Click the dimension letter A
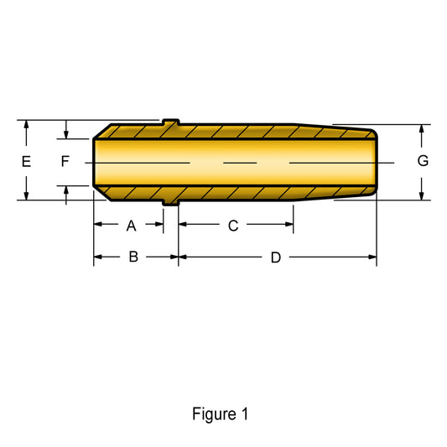(131, 226)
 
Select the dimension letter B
(133, 257)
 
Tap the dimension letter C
(233, 226)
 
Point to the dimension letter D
(276, 257)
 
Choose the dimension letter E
(26, 162)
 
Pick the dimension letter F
(65, 161)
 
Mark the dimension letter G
(423, 161)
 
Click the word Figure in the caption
(214, 413)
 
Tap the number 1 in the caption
(245, 413)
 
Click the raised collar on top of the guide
(171, 122)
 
